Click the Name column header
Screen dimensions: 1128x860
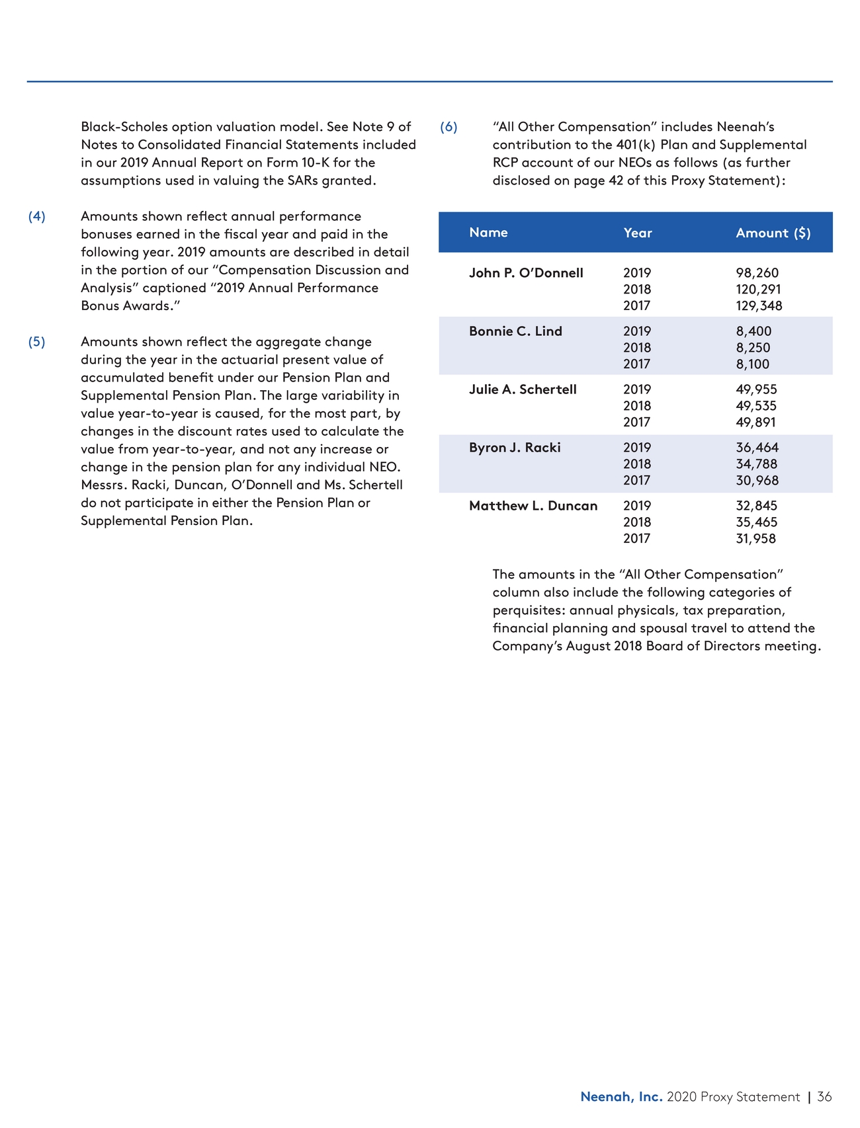tap(488, 233)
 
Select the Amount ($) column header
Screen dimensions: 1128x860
tap(773, 233)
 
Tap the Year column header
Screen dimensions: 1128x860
tap(637, 233)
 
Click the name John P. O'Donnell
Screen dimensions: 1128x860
tap(526, 273)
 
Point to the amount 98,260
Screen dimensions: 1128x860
tap(757, 273)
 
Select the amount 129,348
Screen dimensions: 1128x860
tap(759, 306)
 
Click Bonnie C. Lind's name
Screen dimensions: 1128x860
tap(515, 331)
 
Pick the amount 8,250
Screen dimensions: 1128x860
tap(753, 348)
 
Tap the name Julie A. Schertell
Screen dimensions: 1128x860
tap(523, 389)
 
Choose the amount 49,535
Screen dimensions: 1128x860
tap(756, 406)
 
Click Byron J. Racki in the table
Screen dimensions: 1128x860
tap(515, 448)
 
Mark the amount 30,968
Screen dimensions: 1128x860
tap(757, 481)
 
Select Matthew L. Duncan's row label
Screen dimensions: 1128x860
tap(533, 506)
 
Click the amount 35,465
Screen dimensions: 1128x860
tap(756, 522)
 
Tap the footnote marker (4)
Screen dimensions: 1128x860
tap(37, 217)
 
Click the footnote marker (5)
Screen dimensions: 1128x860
tap(37, 342)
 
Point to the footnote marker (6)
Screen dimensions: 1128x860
tap(449, 127)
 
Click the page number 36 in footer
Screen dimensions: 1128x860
tap(824, 1097)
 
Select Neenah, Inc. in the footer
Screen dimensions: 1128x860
tap(621, 1097)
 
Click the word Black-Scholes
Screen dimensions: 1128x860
tap(124, 127)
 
